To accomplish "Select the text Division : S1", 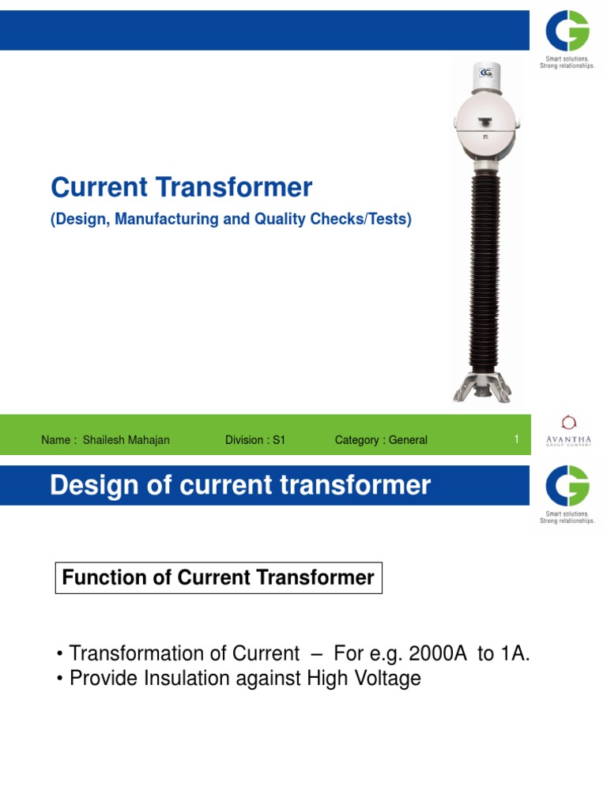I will (x=254, y=440).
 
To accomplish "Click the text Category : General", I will (x=381, y=440).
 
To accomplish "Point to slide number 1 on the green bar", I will (x=516, y=439).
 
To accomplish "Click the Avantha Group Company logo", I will (x=567, y=431).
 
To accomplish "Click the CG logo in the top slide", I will (x=567, y=36).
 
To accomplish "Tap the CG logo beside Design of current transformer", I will (x=567, y=486).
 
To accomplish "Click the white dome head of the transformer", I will (x=482, y=119).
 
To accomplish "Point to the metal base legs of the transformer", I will (x=482, y=387).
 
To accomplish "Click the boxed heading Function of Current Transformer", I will (x=218, y=578).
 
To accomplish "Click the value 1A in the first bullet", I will (x=522, y=654).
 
